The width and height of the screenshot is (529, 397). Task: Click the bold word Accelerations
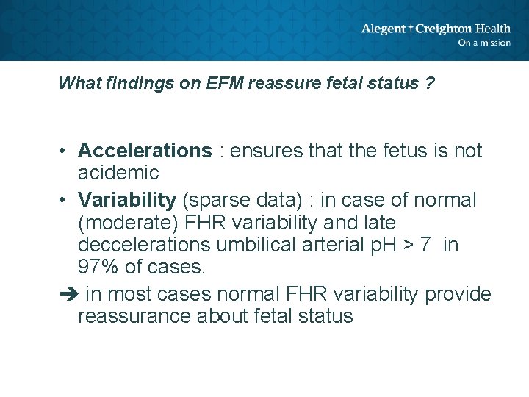click(x=145, y=151)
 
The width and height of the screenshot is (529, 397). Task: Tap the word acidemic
click(x=118, y=173)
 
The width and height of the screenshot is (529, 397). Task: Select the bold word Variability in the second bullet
click(x=127, y=200)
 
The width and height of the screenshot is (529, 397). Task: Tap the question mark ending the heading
click(x=429, y=83)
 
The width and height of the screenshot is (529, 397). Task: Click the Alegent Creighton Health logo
click(x=435, y=29)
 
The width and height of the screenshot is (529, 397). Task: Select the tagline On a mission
click(x=483, y=43)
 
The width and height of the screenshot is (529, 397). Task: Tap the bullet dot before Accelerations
click(x=65, y=151)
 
